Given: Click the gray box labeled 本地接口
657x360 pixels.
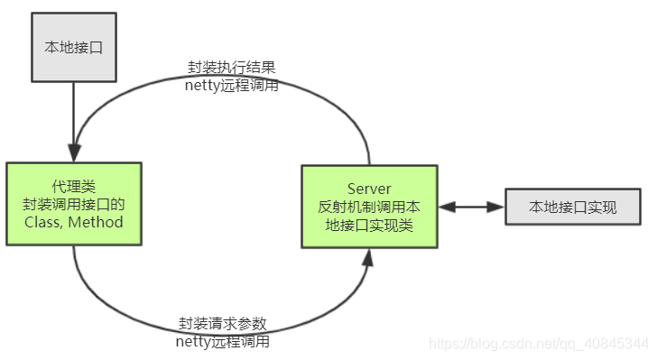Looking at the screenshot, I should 73,47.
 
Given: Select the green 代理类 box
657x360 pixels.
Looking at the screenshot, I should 74,204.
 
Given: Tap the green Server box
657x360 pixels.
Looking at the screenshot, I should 369,207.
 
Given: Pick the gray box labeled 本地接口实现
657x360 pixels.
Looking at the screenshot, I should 573,208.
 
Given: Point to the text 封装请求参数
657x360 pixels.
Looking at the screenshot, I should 222,324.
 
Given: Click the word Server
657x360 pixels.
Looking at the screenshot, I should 369,189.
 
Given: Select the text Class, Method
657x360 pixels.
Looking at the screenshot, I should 74,222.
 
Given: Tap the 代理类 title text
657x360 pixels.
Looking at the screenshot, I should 74,187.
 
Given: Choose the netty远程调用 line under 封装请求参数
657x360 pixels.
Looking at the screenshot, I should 222,341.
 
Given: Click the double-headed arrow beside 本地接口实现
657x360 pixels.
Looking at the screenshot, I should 471,208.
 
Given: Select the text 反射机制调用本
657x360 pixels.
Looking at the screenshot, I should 369,207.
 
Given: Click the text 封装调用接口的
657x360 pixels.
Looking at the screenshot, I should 74,204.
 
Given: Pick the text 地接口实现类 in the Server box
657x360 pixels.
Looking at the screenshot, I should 369,225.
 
